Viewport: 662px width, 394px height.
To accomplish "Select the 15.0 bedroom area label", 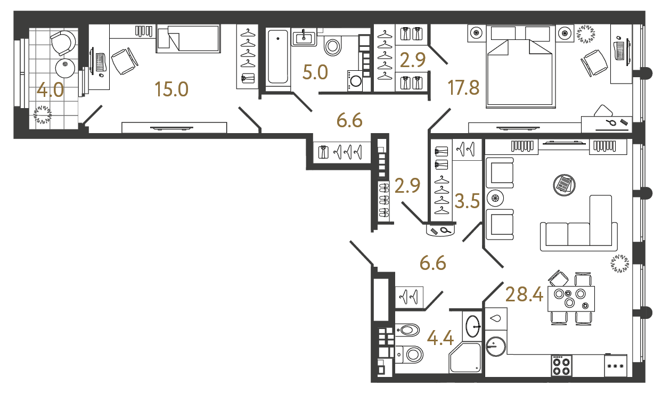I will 171,89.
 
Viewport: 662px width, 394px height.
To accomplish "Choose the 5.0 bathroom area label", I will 315,72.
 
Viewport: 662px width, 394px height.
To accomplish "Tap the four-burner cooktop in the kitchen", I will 561,366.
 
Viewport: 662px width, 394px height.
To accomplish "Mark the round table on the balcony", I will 66,67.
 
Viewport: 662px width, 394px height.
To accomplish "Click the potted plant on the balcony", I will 42,114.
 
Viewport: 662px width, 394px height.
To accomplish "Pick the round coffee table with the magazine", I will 564,184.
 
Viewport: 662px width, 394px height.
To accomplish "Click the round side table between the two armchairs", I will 495,199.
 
